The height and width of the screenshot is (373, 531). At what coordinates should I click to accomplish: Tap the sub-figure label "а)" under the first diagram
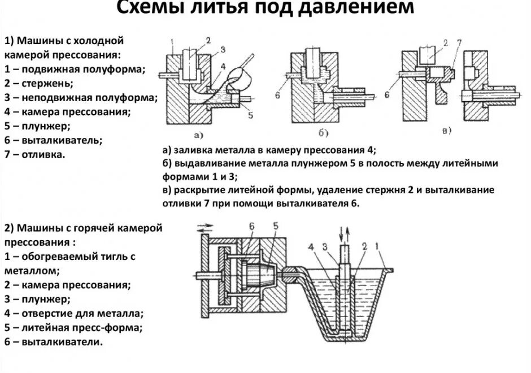tap(199, 135)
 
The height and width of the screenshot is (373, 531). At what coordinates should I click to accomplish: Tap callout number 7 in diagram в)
tap(459, 44)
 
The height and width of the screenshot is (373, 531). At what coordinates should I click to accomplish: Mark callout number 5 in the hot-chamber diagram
tap(275, 227)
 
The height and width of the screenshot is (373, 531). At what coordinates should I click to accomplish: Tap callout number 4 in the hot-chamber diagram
tap(311, 247)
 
